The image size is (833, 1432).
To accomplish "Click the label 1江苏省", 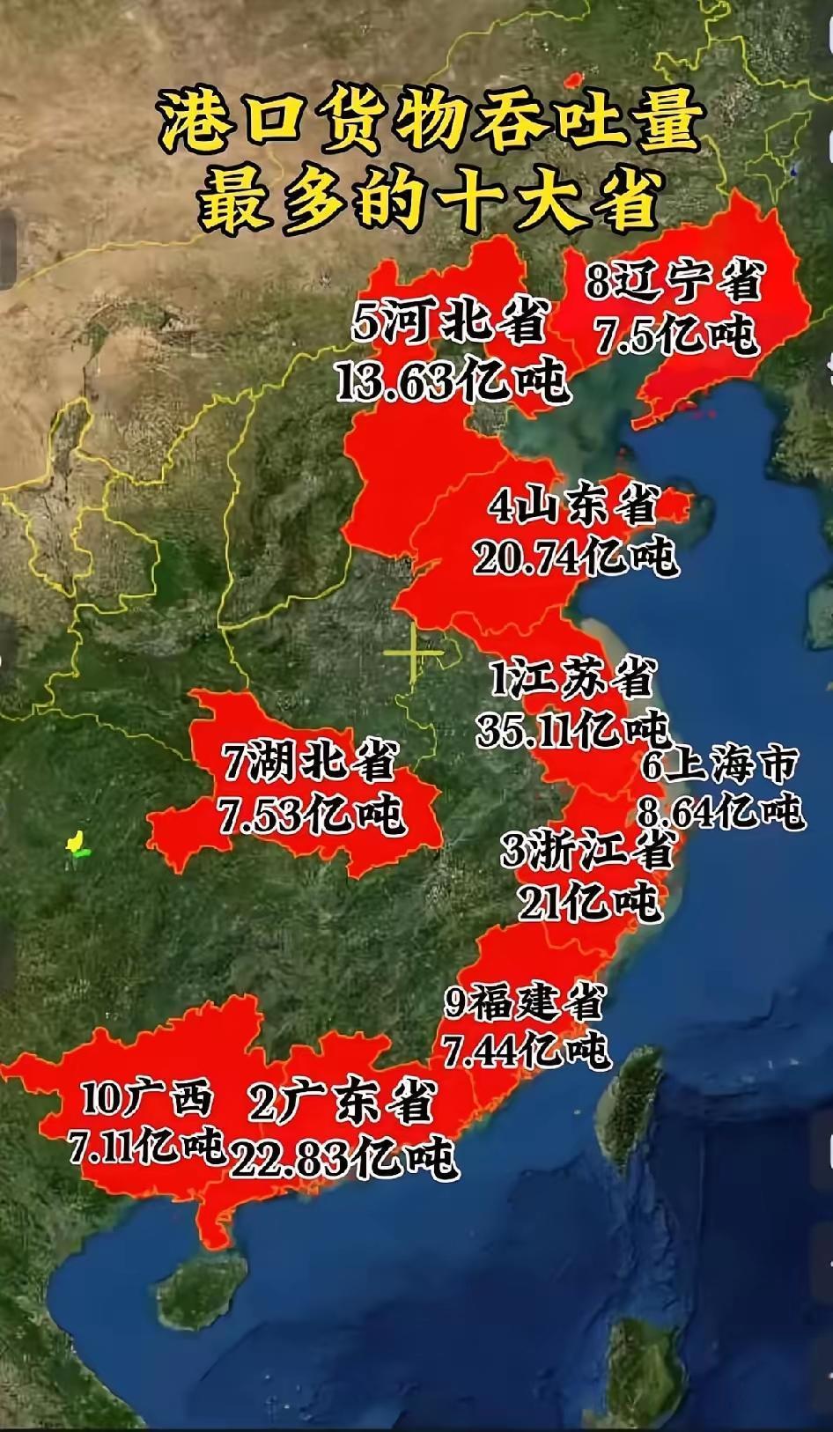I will (573, 680).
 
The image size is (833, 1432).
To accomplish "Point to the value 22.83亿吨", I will (344, 1157).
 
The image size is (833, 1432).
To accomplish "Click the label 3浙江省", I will (588, 850).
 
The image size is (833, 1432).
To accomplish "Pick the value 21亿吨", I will (589, 901).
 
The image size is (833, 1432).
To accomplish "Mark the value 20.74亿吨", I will (575, 556).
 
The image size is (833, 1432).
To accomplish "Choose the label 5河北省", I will (450, 321).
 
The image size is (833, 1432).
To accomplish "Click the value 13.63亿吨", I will (452, 380).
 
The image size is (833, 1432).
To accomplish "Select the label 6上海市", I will (719, 764).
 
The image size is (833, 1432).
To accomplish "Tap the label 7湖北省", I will (309, 761).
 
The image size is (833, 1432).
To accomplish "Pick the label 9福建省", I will (525, 1002).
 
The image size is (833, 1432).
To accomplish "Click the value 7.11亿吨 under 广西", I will (146, 1147).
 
